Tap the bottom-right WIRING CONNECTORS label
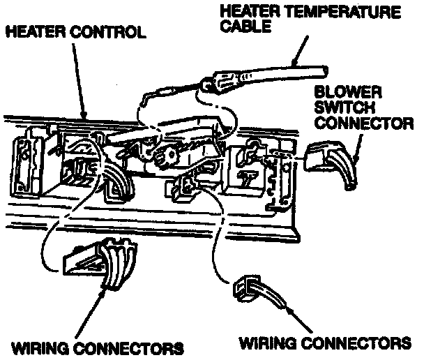325,344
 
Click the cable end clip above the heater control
209,87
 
